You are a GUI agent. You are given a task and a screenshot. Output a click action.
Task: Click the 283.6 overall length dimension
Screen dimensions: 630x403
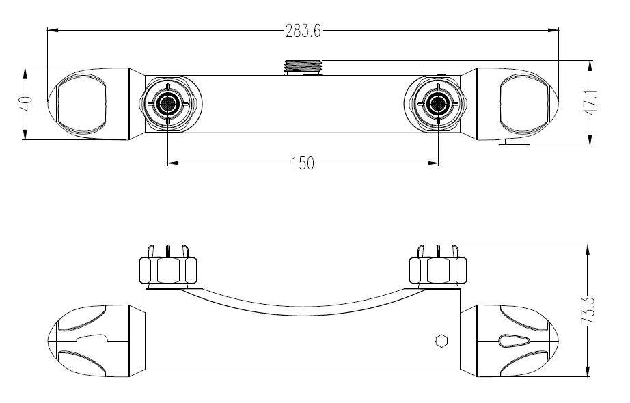pos(303,31)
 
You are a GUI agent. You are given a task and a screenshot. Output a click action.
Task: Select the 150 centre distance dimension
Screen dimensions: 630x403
pos(303,163)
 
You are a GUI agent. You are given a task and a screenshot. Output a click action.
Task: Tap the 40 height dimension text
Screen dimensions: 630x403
pos(26,104)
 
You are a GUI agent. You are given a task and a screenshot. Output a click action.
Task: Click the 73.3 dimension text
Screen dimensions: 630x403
pos(588,311)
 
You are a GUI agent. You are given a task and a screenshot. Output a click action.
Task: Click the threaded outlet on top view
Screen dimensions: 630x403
pos(303,68)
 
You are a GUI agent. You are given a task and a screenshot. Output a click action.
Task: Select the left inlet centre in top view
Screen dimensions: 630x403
pos(167,104)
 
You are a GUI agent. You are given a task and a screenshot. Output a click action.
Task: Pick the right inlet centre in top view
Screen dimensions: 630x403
pos(438,104)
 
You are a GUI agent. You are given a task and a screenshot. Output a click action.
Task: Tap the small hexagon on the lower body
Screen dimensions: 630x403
pos(441,341)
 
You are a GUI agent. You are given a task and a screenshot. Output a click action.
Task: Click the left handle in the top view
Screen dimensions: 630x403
pos(88,104)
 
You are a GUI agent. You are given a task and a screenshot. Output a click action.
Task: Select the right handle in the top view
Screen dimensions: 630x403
pos(517,104)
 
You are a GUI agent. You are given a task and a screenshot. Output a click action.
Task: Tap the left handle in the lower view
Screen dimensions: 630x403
pos(88,341)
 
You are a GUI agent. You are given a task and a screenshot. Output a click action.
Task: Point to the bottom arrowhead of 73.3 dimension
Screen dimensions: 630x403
pos(588,372)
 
